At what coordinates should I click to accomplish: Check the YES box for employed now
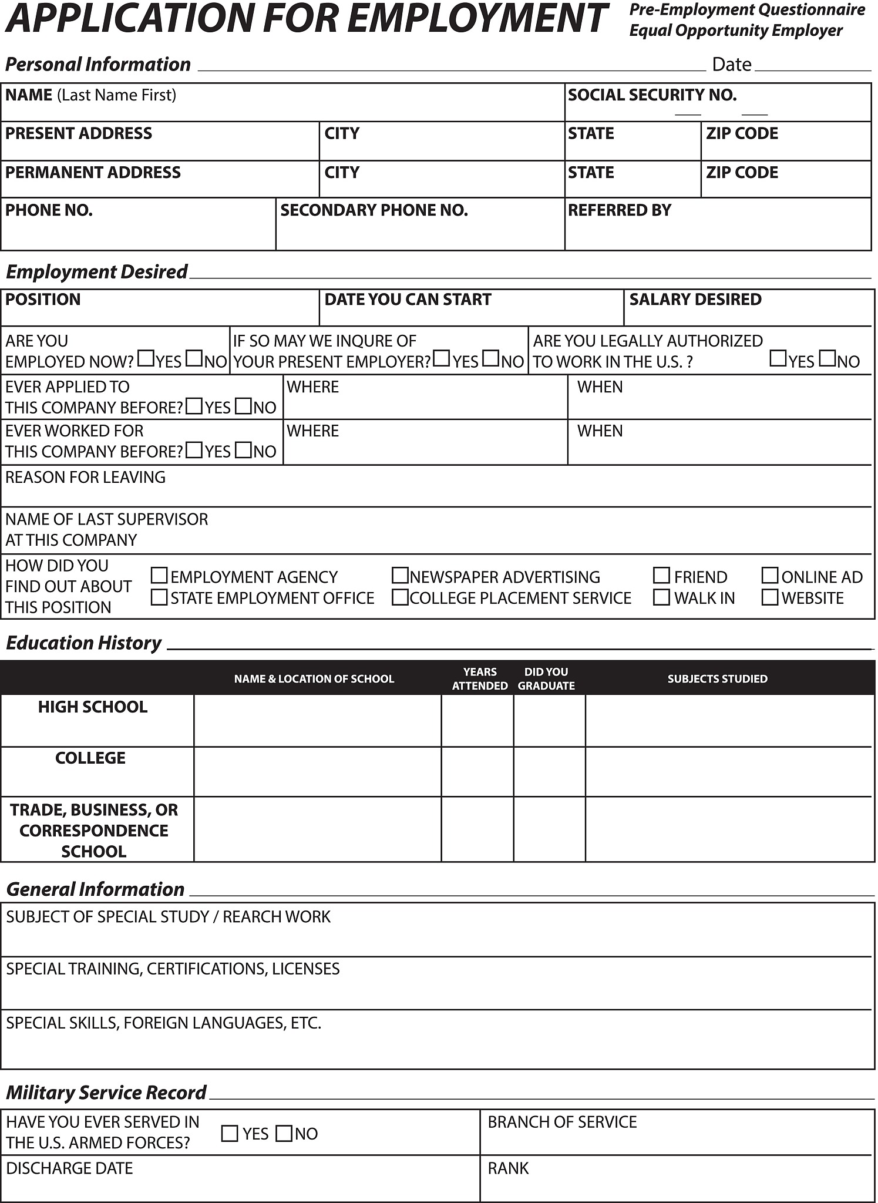click(x=146, y=358)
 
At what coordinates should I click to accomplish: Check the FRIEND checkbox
click(x=661, y=576)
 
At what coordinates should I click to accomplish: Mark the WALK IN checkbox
click(x=661, y=597)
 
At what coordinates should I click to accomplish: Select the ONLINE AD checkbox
click(x=769, y=576)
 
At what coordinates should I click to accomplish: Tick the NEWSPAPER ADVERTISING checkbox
click(x=400, y=576)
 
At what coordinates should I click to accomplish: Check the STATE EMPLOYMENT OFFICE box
click(x=159, y=597)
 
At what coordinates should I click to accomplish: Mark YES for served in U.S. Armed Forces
click(x=230, y=1133)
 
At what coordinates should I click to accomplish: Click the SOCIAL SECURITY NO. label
click(x=652, y=95)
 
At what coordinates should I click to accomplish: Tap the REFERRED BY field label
click(x=619, y=210)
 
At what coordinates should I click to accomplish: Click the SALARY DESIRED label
click(x=695, y=300)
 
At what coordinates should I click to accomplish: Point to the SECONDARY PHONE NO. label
click(x=374, y=210)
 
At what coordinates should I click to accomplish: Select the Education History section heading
click(x=83, y=643)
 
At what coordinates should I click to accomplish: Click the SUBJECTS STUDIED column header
click(x=717, y=679)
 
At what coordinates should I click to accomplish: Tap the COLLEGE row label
click(x=90, y=758)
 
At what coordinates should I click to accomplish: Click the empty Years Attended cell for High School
click(x=477, y=721)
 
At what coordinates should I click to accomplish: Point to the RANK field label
click(x=508, y=1168)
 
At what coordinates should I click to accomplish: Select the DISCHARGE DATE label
click(x=69, y=1168)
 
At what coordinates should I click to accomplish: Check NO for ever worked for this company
click(x=243, y=451)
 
